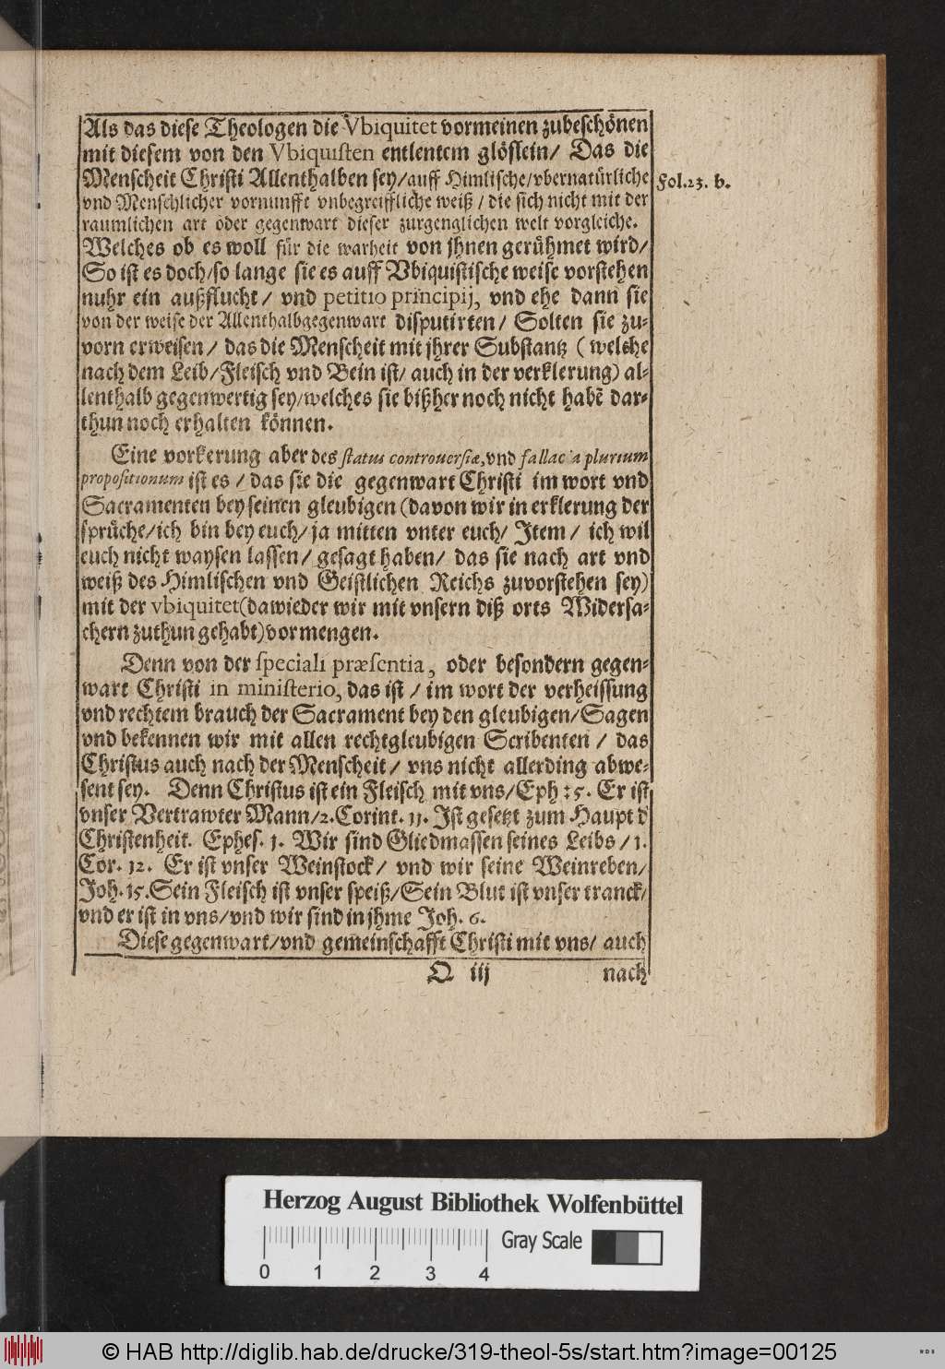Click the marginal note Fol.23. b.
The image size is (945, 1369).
(693, 182)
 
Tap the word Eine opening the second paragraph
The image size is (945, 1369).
(140, 457)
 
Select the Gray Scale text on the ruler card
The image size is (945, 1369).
(542, 1241)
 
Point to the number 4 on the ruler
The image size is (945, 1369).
(484, 1274)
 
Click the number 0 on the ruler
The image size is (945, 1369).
(265, 1274)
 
